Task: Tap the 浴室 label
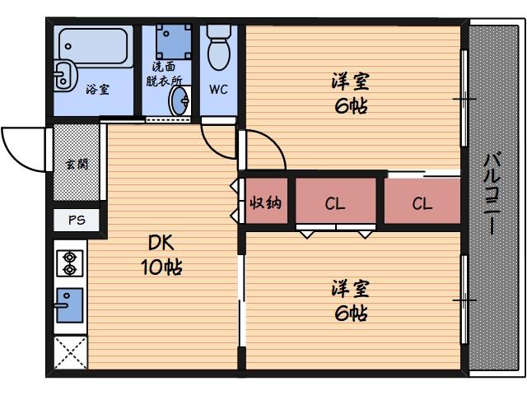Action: [97, 90]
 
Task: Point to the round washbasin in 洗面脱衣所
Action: [180, 101]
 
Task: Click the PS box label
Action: [77, 220]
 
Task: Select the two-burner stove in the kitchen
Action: [69, 263]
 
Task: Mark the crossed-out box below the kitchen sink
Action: [70, 352]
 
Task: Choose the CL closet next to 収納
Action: [334, 203]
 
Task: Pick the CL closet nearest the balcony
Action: [422, 203]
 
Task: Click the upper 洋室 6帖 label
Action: [350, 93]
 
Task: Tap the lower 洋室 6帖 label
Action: [350, 300]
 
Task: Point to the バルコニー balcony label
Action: [494, 194]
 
